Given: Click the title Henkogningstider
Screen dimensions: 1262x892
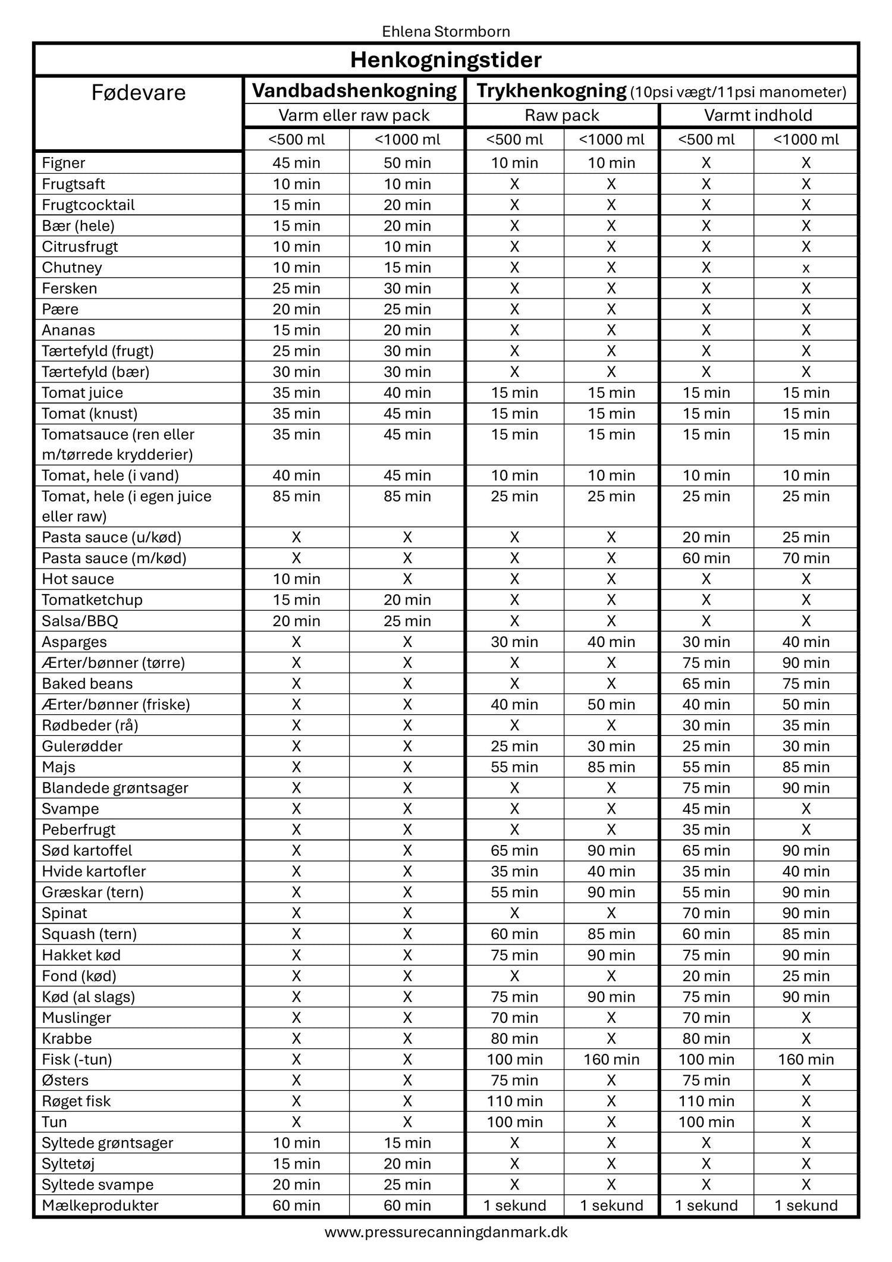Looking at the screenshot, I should (x=445, y=60).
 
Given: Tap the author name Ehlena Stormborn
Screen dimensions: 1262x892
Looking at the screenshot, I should (x=445, y=31).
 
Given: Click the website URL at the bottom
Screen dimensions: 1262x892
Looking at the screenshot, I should (x=445, y=1232).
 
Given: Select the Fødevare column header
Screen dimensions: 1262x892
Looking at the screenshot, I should (x=138, y=93).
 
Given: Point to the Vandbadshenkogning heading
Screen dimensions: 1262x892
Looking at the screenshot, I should (x=354, y=90).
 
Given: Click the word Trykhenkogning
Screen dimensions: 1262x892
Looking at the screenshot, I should (x=551, y=90).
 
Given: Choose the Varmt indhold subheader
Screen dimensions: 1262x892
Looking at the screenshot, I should (x=758, y=115).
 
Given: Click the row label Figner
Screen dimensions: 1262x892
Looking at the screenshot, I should (x=64, y=163).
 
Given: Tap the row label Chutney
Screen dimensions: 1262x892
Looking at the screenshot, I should (x=72, y=268).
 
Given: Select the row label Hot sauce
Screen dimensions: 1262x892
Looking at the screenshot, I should (x=78, y=579).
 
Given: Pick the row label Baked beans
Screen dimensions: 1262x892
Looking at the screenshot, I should (x=87, y=684).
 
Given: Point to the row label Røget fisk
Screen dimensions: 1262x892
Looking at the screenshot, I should (x=76, y=1101).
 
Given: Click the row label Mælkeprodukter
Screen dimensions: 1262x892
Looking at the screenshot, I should (x=100, y=1206).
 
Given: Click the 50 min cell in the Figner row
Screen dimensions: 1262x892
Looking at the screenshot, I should (x=407, y=163).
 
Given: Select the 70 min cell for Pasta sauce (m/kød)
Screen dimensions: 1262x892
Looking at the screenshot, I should (x=805, y=558).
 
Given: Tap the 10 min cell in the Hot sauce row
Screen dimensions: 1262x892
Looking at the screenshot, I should (x=296, y=579).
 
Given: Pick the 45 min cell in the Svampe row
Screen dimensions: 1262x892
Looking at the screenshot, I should (x=706, y=809).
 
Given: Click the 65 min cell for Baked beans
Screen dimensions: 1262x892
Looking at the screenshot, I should (x=706, y=684).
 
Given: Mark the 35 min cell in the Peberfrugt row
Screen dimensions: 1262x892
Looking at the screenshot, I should (x=706, y=830).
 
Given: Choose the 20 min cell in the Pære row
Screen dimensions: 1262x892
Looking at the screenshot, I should (x=296, y=309).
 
